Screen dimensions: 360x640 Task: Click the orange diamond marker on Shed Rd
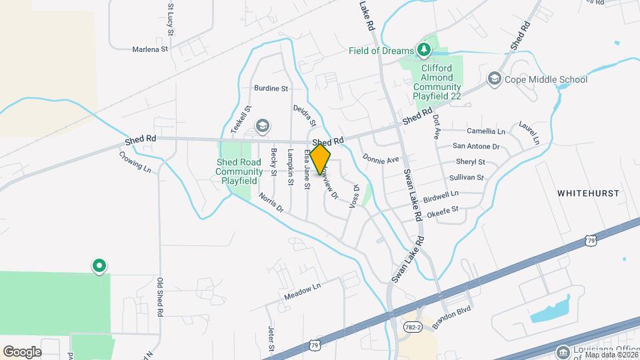point(320,159)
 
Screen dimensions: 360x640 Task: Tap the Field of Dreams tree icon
point(423,49)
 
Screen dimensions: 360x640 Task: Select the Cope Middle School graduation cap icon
point(494,79)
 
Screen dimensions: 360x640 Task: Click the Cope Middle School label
point(546,79)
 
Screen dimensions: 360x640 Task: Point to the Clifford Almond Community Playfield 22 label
point(437,82)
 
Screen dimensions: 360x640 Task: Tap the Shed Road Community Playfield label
point(239,171)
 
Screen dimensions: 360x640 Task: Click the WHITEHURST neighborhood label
point(589,193)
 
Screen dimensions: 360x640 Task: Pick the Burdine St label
point(271,88)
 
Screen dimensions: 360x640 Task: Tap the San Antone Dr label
point(476,146)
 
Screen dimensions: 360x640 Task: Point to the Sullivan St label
point(466,177)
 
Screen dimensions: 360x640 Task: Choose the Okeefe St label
point(443,209)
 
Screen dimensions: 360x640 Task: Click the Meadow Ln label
point(302,291)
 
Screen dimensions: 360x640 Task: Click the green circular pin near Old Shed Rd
point(99,266)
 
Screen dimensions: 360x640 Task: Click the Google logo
point(22,351)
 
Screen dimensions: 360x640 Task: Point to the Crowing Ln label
point(135,162)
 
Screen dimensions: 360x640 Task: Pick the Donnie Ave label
point(380,159)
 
